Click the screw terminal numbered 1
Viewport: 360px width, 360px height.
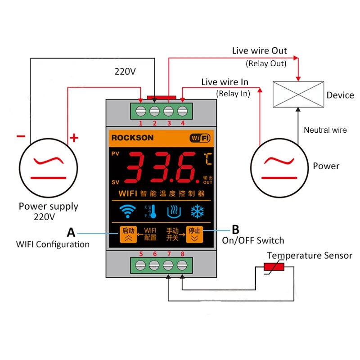tap(141, 110)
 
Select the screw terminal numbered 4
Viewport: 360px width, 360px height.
tap(182, 110)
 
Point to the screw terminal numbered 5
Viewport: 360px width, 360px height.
tap(141, 265)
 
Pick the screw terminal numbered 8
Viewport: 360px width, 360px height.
tap(182, 265)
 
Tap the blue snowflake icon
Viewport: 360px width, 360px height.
tap(197, 211)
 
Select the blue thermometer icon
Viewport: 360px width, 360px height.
tap(151, 211)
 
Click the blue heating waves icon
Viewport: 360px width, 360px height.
tap(174, 211)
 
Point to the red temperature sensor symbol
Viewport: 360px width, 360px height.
tap(273, 268)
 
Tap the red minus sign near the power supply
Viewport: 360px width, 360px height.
tap(21, 136)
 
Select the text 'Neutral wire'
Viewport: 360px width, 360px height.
tap(325, 130)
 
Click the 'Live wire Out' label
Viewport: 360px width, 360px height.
tap(259, 51)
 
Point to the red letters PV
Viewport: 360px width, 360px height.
tap(116, 154)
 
